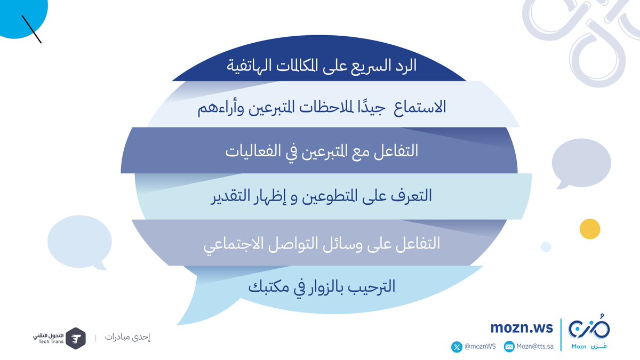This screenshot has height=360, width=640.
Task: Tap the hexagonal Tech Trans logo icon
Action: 77,338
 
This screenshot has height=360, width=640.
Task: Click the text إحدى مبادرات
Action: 128,338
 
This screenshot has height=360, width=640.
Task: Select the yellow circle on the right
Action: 590,229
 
